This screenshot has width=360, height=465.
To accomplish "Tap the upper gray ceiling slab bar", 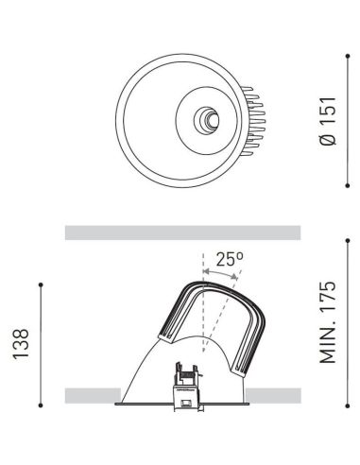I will click(181, 232).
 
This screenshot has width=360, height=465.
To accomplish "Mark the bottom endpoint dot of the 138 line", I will click(42, 406).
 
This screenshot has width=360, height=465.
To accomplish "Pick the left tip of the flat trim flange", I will click(115, 406).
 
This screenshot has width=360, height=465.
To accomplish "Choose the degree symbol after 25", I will click(242, 253).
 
